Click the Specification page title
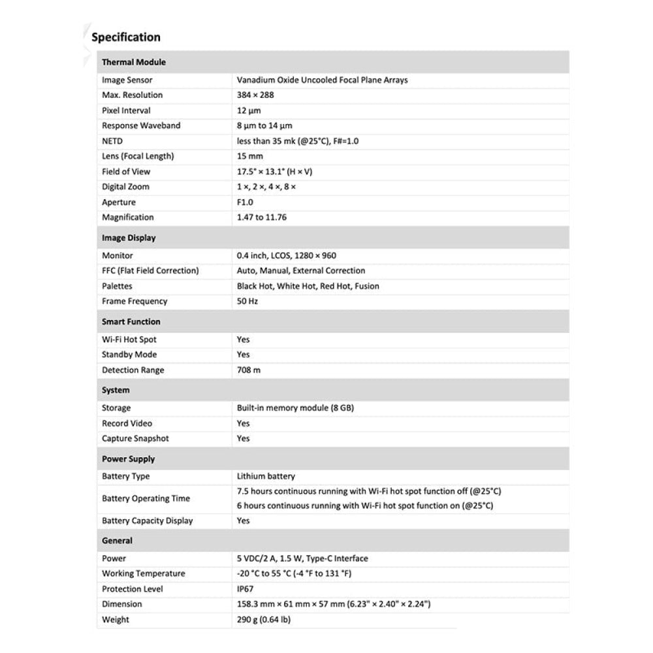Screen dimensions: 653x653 (x=126, y=37)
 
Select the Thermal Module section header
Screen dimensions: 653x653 (x=134, y=63)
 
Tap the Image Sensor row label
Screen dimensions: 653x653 (x=127, y=80)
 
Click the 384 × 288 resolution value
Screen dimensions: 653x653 (x=255, y=95)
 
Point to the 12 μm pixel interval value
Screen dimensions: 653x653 (x=249, y=111)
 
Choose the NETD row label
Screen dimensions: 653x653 (x=112, y=141)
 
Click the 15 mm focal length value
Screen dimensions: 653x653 (x=249, y=157)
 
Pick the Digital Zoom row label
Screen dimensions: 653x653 (x=125, y=187)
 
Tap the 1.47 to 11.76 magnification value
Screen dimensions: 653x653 (x=261, y=217)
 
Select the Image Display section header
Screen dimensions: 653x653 (x=129, y=238)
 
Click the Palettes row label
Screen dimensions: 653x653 (x=117, y=286)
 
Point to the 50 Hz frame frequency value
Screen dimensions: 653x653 (x=247, y=302)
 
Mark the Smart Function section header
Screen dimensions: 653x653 (x=131, y=322)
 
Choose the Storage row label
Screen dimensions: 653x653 (x=116, y=408)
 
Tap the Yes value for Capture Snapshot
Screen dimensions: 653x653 (x=243, y=439)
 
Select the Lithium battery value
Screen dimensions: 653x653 (x=266, y=477)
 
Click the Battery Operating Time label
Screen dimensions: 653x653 (x=146, y=499)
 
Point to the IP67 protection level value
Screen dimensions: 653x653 (x=246, y=589)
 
